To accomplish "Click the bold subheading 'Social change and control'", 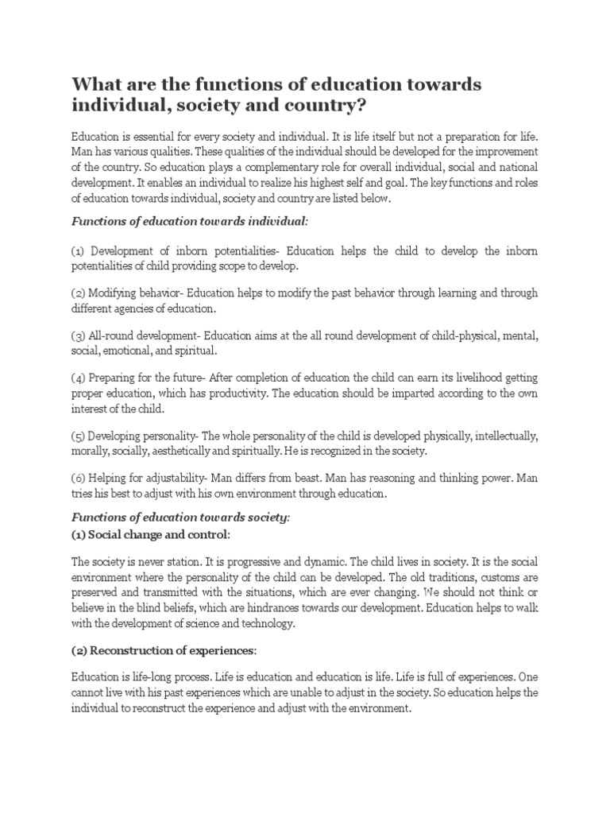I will pos(163,533).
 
